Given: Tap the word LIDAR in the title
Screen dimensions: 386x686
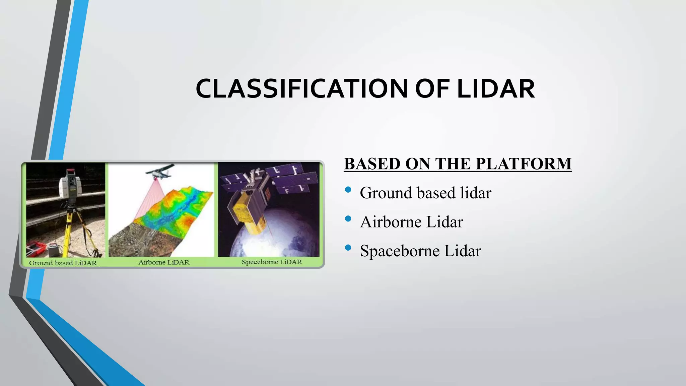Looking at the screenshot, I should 496,89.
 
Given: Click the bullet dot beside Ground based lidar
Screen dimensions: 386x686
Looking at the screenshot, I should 348,190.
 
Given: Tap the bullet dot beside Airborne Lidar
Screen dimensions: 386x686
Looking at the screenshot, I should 348,219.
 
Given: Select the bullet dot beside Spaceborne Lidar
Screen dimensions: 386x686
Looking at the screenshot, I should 348,248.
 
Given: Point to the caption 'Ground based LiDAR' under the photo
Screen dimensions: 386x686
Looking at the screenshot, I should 63,263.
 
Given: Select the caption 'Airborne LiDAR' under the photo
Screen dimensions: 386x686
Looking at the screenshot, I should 164,262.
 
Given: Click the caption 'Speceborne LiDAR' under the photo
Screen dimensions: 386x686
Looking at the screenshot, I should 272,262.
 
